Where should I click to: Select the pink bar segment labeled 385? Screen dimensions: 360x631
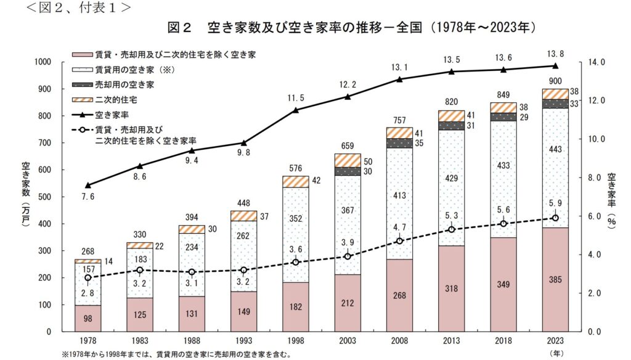coord(555,279)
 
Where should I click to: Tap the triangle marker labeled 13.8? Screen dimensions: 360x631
coord(555,65)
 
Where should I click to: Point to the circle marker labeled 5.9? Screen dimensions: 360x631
coord(555,218)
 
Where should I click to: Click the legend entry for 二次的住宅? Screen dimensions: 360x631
coord(114,99)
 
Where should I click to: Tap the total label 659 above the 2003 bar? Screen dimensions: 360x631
coord(348,147)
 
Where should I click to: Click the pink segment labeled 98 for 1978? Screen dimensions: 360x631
coord(88,318)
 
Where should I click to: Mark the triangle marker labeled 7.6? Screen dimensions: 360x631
coord(88,185)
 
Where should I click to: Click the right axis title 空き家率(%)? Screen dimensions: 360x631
coord(611,197)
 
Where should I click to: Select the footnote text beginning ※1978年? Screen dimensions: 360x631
coord(176,354)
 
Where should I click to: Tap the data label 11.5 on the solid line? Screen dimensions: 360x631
coord(296,98)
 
